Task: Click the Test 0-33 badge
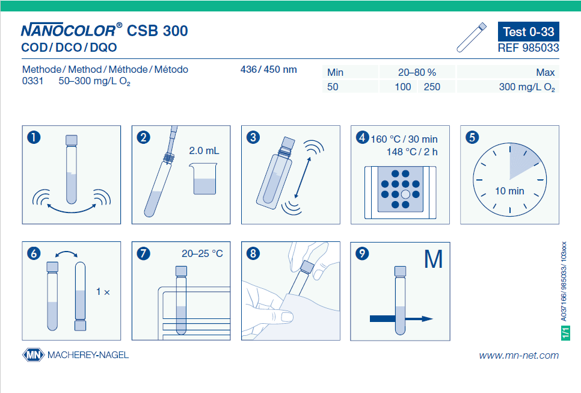click(x=529, y=31)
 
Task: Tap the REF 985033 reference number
click(x=529, y=48)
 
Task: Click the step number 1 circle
click(x=34, y=137)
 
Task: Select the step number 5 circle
click(x=472, y=137)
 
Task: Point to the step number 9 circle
click(x=362, y=253)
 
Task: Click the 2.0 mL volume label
click(x=204, y=151)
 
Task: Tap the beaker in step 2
click(x=203, y=179)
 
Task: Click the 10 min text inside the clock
click(x=509, y=191)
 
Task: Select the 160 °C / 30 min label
click(x=404, y=139)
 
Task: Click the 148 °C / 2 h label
click(x=412, y=152)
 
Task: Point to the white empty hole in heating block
click(x=405, y=194)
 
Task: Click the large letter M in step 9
click(x=433, y=259)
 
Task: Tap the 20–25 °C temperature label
click(x=202, y=253)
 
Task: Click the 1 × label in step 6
click(x=103, y=292)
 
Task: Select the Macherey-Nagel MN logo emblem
click(x=33, y=355)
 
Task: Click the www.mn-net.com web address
click(x=518, y=355)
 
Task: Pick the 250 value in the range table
click(x=432, y=87)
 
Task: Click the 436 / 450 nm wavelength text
click(x=269, y=69)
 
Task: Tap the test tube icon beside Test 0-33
click(x=472, y=37)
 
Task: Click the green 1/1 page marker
click(x=565, y=333)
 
